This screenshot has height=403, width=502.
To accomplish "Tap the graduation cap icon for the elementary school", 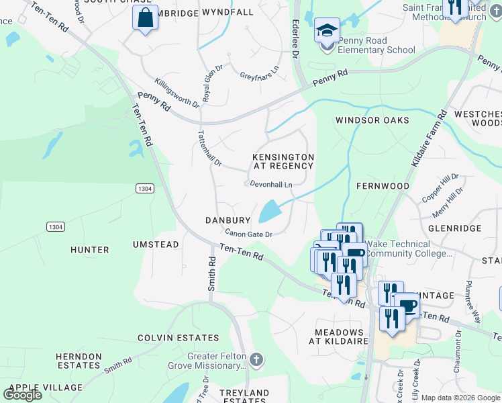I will pos(327,31).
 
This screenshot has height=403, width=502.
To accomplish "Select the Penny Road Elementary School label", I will pos(376,45).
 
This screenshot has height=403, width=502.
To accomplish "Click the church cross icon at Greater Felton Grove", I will pos(255,360).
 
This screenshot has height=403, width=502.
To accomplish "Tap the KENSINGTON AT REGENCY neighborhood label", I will pos(283,161).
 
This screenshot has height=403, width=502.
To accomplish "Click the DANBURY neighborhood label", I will pos(228,220).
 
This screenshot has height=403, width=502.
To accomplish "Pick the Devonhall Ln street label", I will pos(271,184).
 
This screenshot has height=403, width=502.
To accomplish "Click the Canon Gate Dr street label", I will pos(248,234).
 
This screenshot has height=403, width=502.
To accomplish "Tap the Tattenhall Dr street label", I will pos(209,148).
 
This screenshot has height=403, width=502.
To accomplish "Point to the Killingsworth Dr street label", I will pos(177,93).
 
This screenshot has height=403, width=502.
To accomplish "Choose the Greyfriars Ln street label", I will pos(259,71).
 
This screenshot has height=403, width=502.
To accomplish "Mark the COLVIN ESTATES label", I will pos(170,337).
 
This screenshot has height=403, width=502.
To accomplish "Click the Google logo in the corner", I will pos(22,394).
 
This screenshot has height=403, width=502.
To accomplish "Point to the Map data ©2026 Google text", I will pos(460,398).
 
